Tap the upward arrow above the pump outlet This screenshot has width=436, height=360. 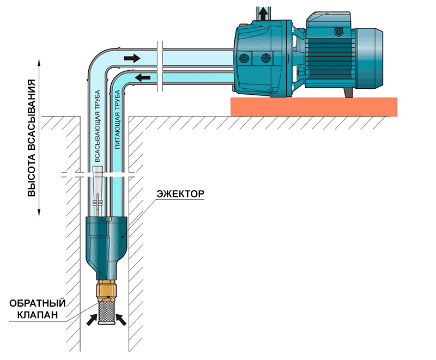(264, 13)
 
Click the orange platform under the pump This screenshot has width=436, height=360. (314, 107)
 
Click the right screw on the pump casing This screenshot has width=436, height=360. (266, 57)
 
